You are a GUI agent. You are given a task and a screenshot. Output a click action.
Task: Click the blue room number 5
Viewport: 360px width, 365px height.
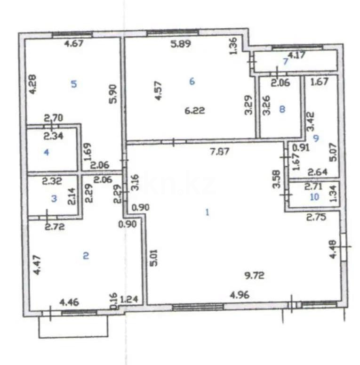coord(73,84)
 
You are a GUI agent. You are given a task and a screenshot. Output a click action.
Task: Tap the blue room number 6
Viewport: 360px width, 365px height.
coord(192,81)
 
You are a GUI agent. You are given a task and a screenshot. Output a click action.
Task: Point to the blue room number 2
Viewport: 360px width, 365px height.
coord(86,256)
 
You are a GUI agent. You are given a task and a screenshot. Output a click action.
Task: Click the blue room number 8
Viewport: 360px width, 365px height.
coord(282,109)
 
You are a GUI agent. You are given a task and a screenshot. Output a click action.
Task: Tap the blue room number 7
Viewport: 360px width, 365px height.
coord(285,61)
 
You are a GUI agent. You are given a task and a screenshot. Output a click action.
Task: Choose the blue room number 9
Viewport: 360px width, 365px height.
coord(315,138)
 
